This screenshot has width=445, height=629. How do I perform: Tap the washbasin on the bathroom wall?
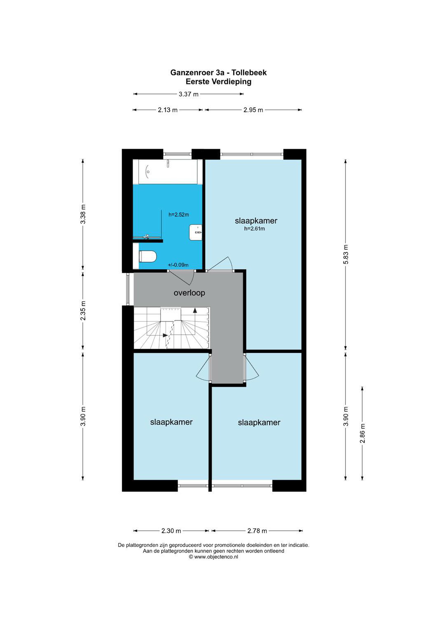pyautogui.click(x=195, y=232)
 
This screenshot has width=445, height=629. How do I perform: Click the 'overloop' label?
pyautogui.click(x=189, y=293)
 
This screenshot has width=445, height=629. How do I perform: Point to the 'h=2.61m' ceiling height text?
pyautogui.click(x=254, y=228)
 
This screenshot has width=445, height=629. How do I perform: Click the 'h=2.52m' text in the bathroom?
pyautogui.click(x=179, y=214)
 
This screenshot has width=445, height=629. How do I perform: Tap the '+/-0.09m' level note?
pyautogui.click(x=178, y=265)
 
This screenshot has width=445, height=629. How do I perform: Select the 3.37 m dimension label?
pyautogui.click(x=188, y=94)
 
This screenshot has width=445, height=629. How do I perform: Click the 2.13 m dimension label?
pyautogui.click(x=167, y=110)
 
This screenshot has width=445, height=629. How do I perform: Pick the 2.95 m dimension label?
pyautogui.click(x=253, y=110)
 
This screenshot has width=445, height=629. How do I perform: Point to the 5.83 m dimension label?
pyautogui.click(x=346, y=254)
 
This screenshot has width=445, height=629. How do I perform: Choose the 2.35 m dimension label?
pyautogui.click(x=83, y=310)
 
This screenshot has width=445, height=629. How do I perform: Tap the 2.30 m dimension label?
pyautogui.click(x=171, y=531)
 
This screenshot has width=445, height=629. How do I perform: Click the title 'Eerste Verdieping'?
pyautogui.click(x=219, y=82)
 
